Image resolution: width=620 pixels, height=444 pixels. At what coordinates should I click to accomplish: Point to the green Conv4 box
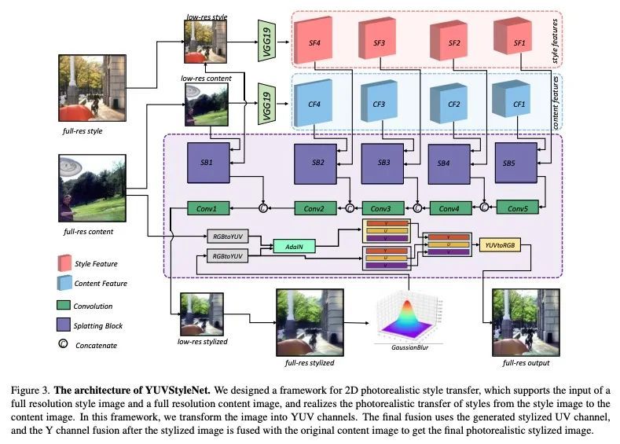point(449,209)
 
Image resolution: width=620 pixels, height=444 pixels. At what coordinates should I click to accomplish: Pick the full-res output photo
point(519,323)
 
